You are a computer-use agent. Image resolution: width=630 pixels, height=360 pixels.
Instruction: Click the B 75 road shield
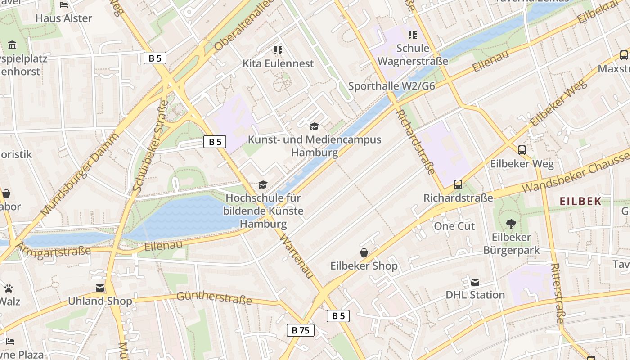coord(300,330)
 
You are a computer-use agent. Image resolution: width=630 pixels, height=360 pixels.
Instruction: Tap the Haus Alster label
coord(63,18)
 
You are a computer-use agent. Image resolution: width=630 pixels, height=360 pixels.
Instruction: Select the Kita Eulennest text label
coord(278,63)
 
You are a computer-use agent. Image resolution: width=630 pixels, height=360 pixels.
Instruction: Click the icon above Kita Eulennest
coord(278,50)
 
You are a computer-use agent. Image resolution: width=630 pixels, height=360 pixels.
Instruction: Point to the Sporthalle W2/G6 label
coord(391,86)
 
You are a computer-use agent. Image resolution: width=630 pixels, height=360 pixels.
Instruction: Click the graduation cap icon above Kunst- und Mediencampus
coord(314,126)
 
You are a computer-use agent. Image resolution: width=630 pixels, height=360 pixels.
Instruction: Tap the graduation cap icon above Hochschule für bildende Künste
coord(263,184)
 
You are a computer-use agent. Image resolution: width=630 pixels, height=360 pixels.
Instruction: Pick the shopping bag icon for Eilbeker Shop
coord(364,252)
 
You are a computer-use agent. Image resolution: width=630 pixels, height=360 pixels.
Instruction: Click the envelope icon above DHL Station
coord(475,282)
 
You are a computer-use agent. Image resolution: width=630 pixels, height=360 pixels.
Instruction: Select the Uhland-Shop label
coord(100,301)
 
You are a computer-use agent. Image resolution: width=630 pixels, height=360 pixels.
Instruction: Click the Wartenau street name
coord(296,255)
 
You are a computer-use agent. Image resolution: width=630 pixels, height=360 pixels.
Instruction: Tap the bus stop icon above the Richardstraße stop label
coord(458,184)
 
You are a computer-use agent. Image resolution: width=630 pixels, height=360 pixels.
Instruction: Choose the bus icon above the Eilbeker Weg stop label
coord(522,150)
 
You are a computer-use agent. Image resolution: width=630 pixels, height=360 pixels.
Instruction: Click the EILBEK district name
coord(580,201)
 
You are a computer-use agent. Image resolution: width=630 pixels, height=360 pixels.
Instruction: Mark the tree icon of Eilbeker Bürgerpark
coord(511,224)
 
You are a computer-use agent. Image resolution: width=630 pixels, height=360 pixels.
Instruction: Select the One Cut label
coord(454,226)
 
